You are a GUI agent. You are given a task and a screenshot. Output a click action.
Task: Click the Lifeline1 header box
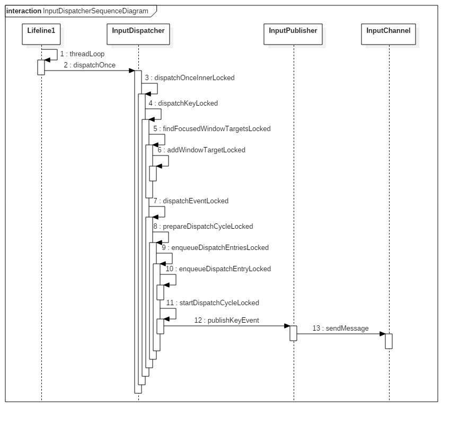pos(41,31)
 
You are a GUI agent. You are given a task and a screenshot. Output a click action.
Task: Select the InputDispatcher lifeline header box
pos(138,31)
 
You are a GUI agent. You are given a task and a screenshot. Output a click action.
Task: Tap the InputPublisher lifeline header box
pos(293,31)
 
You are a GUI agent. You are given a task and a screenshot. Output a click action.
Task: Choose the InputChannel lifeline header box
pos(389,31)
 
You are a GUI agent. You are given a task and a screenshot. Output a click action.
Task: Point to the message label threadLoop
pos(82,54)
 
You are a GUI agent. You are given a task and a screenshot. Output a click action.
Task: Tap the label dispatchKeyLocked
pos(183,103)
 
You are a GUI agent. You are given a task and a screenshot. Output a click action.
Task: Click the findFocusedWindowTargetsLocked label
pos(211,128)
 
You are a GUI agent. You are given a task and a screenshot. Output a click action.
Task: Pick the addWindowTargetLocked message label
pos(201,150)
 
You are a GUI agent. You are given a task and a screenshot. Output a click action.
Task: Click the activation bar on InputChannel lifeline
pos(389,341)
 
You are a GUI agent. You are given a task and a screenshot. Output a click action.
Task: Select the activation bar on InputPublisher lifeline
pos(293,333)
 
